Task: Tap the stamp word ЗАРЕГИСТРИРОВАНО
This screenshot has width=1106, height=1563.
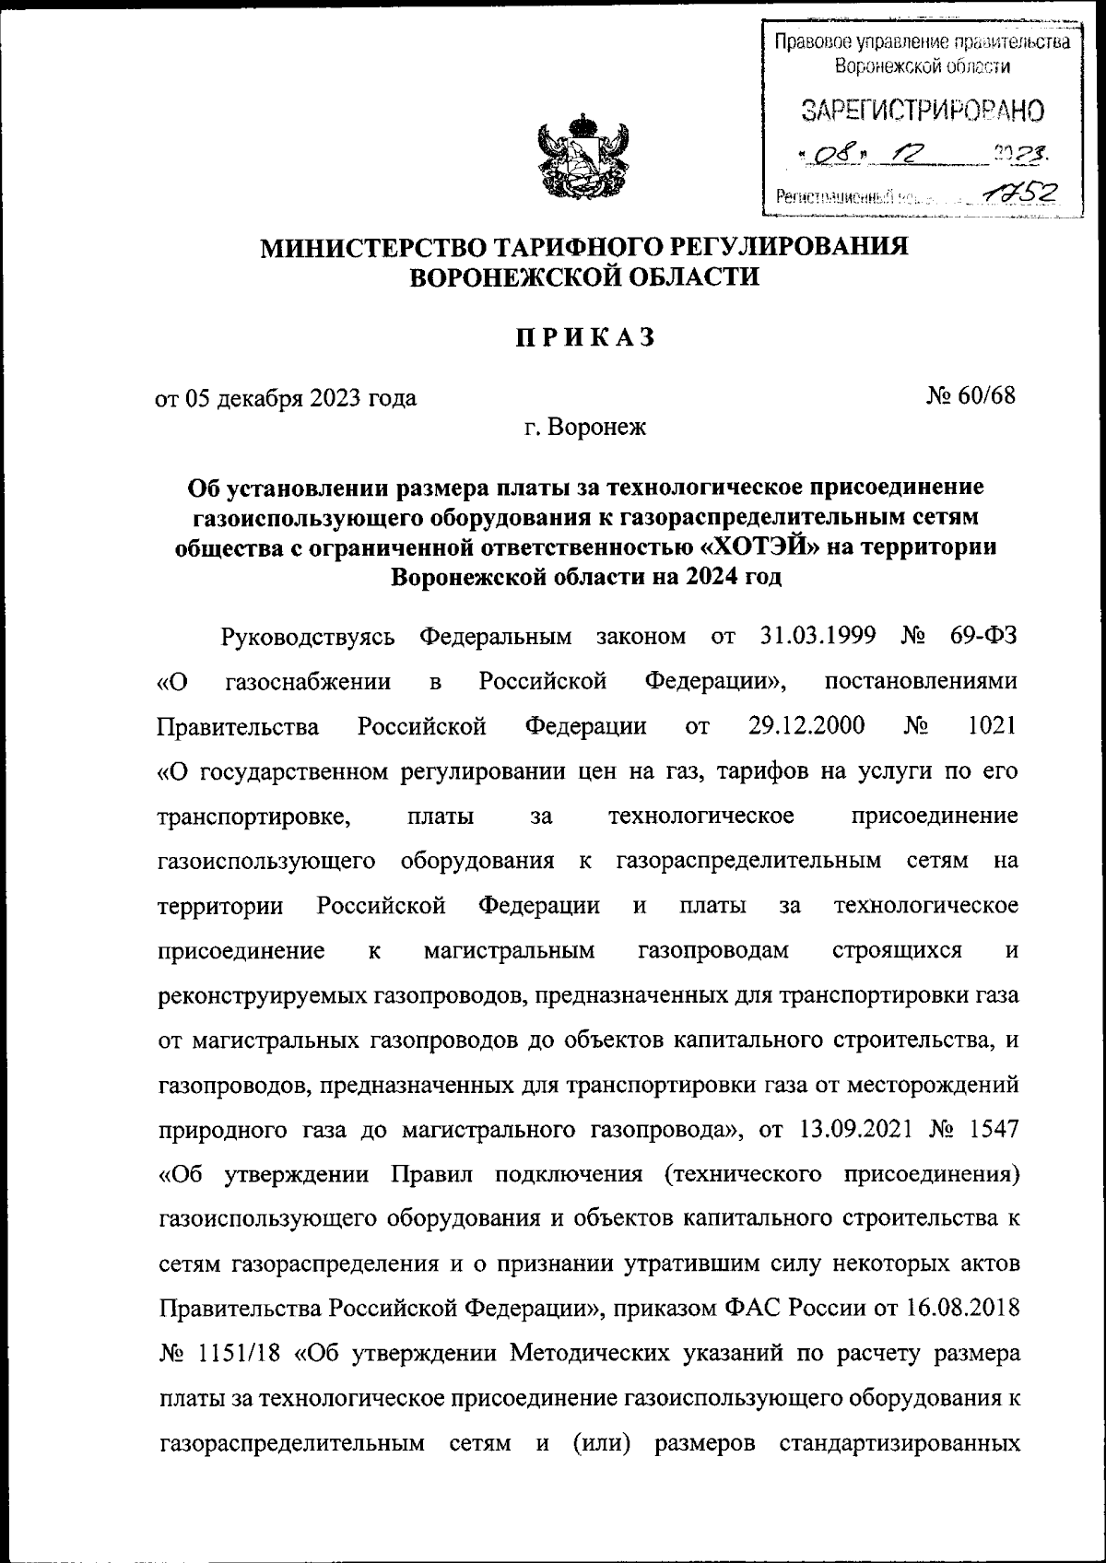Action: (923, 111)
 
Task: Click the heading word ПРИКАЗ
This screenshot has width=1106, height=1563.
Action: (584, 339)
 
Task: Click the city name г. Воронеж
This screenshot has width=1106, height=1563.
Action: (584, 428)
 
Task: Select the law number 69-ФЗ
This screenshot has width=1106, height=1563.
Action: (982, 637)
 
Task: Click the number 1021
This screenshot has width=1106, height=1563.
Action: (993, 725)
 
